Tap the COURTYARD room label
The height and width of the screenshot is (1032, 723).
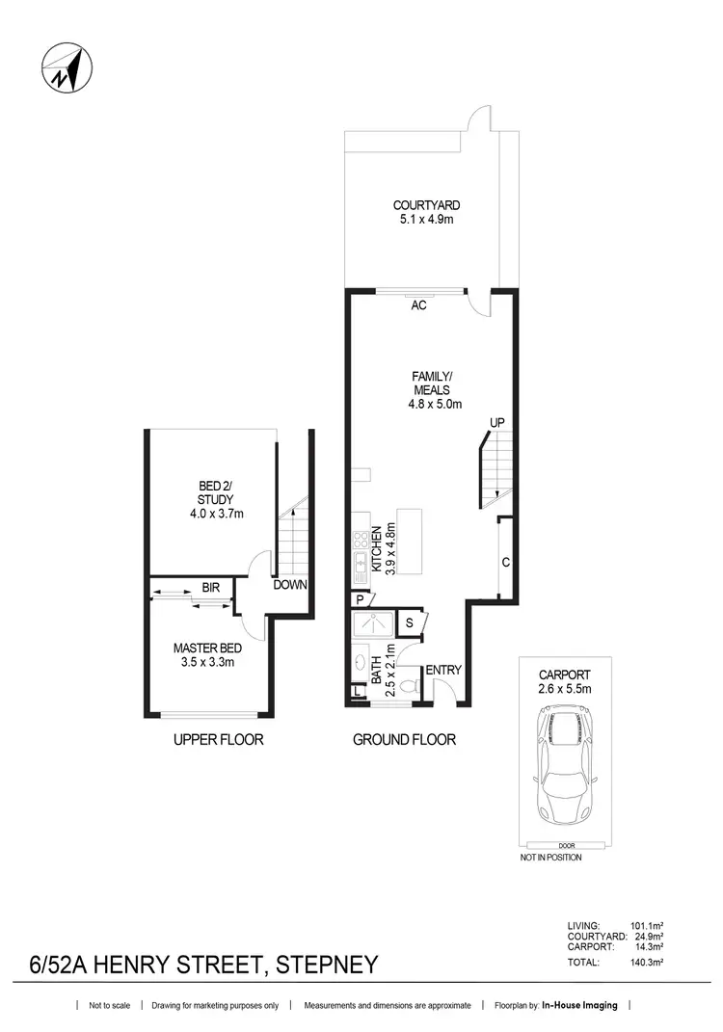pyautogui.click(x=426, y=205)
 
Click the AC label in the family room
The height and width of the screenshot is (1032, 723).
pyautogui.click(x=418, y=305)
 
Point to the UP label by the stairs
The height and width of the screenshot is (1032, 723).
pyautogui.click(x=497, y=423)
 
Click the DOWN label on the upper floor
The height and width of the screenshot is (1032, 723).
pyautogui.click(x=290, y=585)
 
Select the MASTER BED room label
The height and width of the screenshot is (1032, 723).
pyautogui.click(x=205, y=648)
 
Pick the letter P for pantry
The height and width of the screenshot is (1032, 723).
pyautogui.click(x=359, y=598)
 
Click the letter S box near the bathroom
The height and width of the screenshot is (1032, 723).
pyautogui.click(x=409, y=623)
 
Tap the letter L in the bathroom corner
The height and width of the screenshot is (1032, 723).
pyautogui.click(x=357, y=691)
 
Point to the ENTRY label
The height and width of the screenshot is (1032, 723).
pyautogui.click(x=444, y=670)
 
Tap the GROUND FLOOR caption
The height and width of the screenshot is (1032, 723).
pyautogui.click(x=404, y=740)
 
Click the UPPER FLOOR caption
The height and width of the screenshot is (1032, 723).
pyautogui.click(x=218, y=740)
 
